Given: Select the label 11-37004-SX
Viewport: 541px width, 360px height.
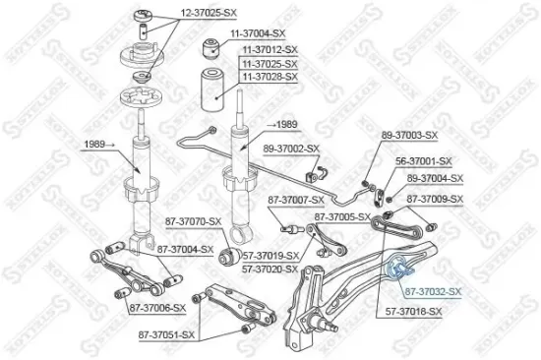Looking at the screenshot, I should (x=259, y=32).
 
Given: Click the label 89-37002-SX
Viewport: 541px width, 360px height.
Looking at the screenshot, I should (x=290, y=148).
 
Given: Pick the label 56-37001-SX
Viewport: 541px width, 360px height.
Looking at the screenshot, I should (x=423, y=160).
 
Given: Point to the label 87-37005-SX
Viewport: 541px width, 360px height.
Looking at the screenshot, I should (x=342, y=216).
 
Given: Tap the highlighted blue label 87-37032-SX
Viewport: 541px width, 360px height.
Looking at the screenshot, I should (x=432, y=292).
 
